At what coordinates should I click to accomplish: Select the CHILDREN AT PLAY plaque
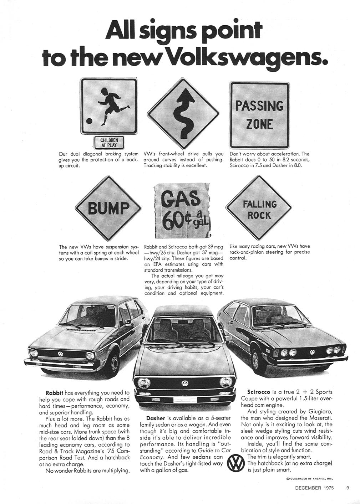click(x=108, y=142)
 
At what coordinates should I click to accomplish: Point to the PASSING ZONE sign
click(x=259, y=114)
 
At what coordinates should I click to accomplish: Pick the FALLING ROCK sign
click(x=259, y=209)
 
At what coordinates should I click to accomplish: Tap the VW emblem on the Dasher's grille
click(x=184, y=383)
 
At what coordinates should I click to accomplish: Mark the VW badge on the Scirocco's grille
click(x=312, y=352)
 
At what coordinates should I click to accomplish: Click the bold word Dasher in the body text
click(x=156, y=418)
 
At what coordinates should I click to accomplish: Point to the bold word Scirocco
click(x=259, y=392)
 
